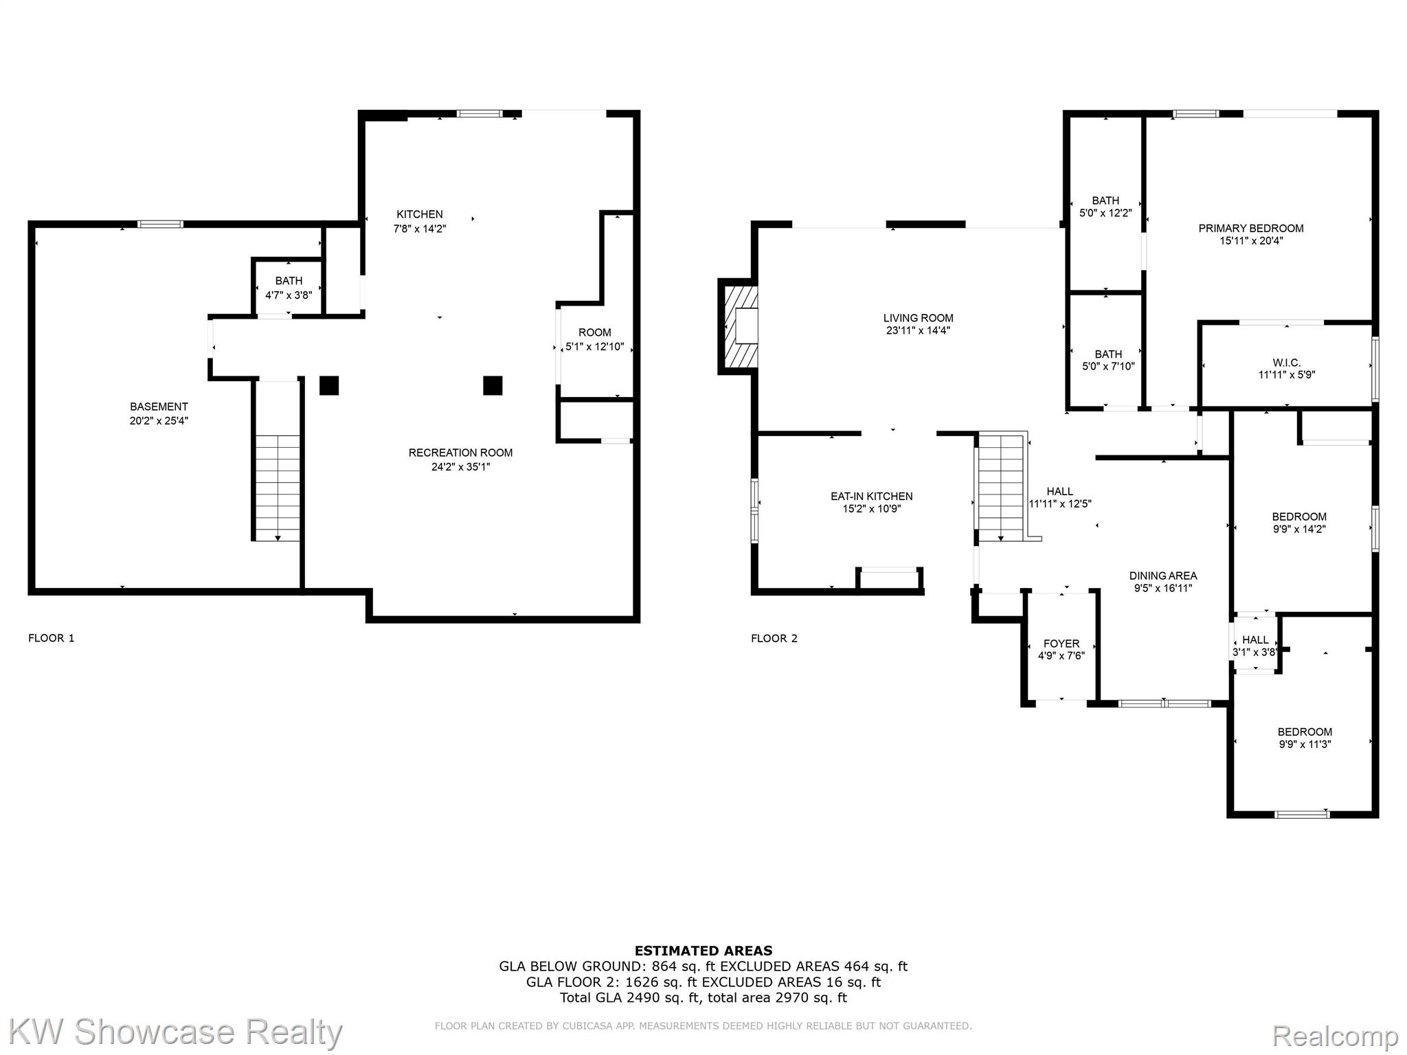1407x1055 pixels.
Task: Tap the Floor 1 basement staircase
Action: [278, 488]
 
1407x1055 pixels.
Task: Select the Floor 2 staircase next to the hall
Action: [1001, 488]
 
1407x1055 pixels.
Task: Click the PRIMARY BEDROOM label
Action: [1250, 228]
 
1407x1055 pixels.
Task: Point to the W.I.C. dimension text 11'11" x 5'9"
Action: [1286, 375]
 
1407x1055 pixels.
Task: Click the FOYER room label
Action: [1061, 644]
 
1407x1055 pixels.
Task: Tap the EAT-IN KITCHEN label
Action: [871, 496]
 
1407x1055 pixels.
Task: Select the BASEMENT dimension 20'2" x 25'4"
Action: [159, 420]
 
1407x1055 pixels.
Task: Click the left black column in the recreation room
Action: [329, 385]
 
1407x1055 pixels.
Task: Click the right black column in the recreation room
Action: [493, 385]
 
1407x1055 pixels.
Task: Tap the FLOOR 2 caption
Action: [774, 638]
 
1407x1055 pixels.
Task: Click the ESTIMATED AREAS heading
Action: [703, 951]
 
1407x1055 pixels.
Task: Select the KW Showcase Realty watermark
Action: [175, 1032]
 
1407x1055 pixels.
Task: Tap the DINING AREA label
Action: [1162, 576]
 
